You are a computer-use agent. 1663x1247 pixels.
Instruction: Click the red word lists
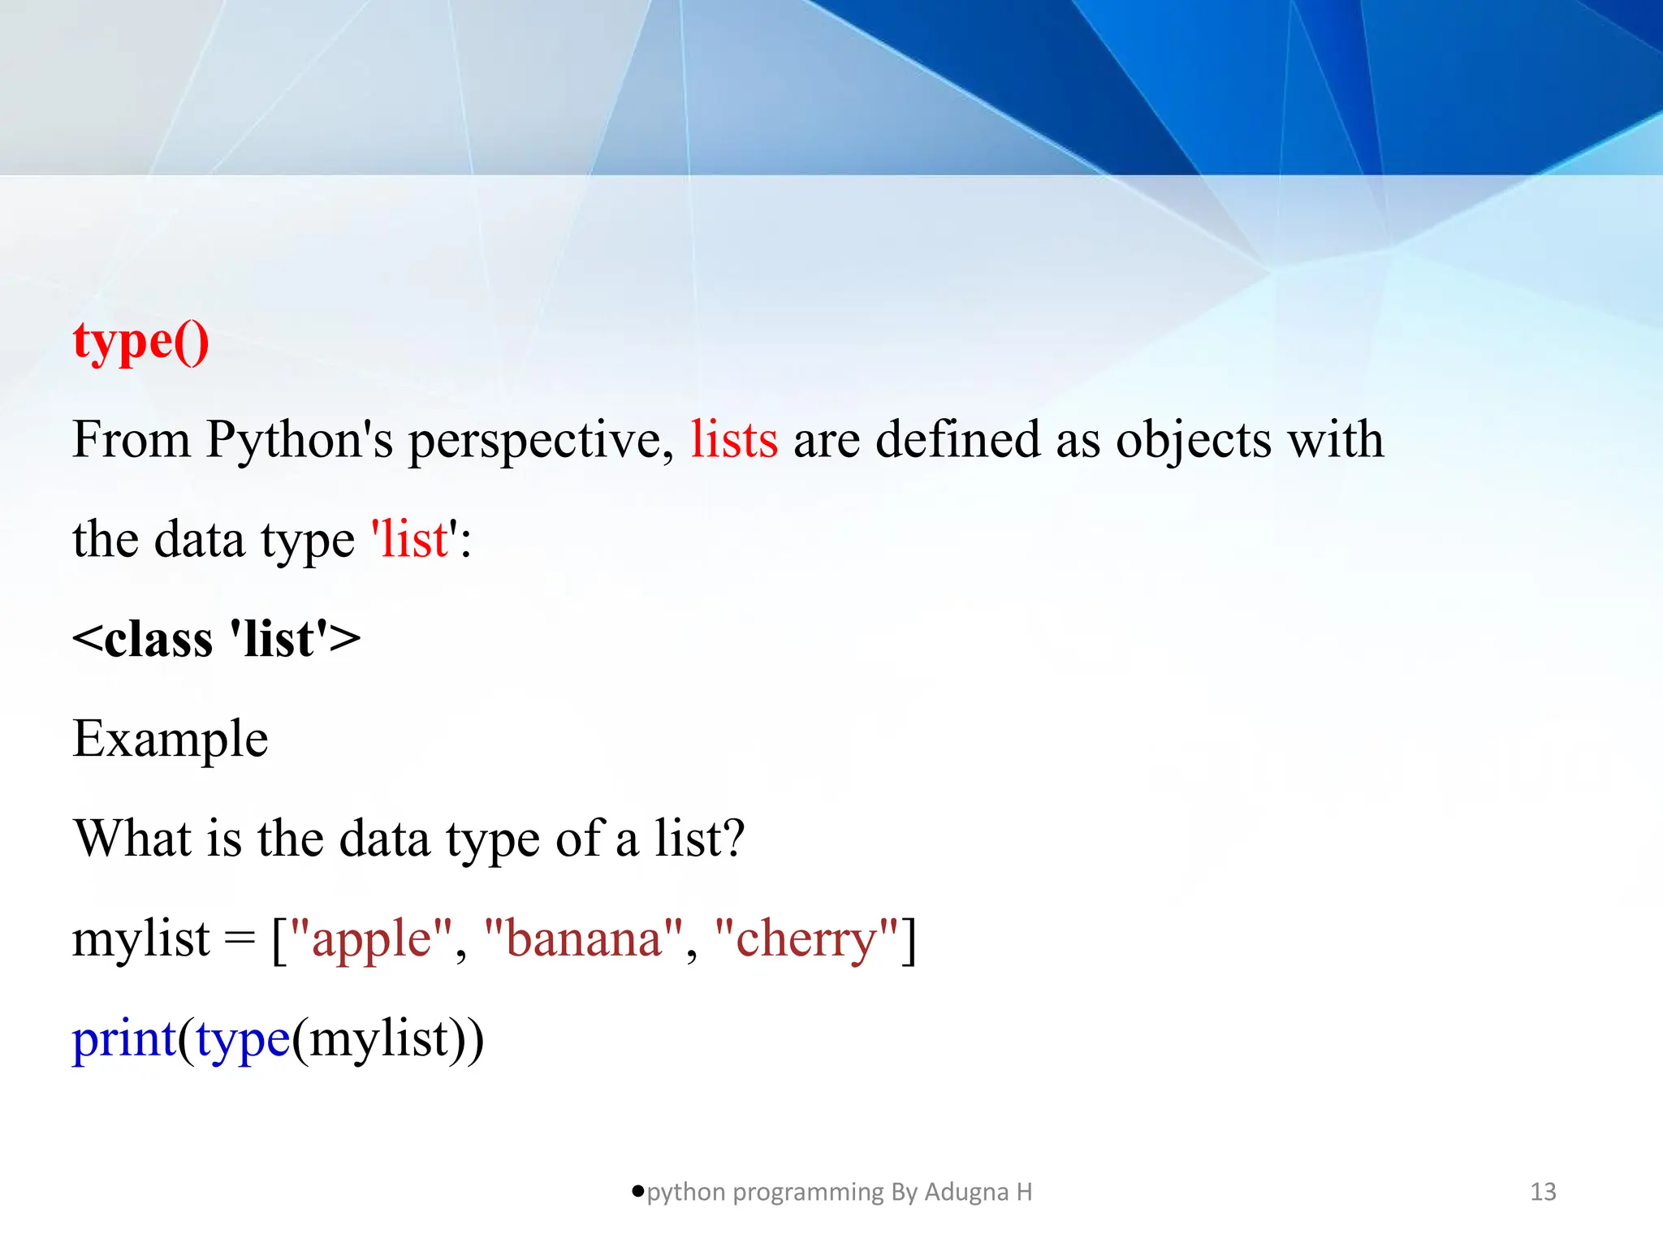pos(734,440)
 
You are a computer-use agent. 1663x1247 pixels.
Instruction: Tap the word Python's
pos(299,442)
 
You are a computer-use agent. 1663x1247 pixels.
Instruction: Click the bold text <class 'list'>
pos(216,639)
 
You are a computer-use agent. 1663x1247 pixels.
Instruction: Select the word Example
pos(170,740)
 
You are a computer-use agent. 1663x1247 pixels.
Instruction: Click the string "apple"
pos(371,940)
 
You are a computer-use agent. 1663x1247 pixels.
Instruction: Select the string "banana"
pos(583,940)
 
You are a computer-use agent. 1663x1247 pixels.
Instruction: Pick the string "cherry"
pos(806,940)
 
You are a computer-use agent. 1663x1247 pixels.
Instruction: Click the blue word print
pos(123,1040)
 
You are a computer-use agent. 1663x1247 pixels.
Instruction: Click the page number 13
pos(1543,1192)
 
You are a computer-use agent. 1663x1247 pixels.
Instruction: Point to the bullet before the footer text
pos(637,1191)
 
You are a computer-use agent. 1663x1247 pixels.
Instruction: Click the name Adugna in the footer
pos(965,1193)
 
